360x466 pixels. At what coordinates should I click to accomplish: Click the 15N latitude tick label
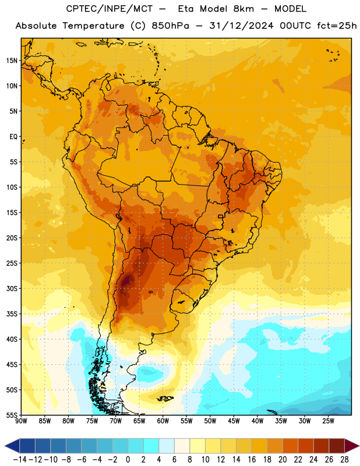[x=12, y=61]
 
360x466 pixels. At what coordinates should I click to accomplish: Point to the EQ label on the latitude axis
[x=13, y=137]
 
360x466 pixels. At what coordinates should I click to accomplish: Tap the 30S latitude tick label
[x=12, y=288]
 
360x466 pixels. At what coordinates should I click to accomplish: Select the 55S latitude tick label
[x=12, y=415]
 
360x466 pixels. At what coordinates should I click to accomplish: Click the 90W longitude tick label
[x=21, y=421]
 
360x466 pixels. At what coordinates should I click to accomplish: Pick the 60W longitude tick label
[x=163, y=421]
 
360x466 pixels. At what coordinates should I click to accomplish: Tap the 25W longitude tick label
[x=328, y=421]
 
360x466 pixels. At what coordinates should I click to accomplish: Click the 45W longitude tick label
[x=234, y=421]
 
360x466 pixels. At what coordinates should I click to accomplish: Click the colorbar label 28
[x=344, y=460]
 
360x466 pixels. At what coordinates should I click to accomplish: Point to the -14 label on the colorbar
[x=20, y=460]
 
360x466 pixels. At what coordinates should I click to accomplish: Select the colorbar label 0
[x=128, y=460]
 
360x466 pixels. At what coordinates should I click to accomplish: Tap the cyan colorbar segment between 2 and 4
[x=151, y=446]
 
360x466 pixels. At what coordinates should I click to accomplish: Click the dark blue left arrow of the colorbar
[x=12, y=446]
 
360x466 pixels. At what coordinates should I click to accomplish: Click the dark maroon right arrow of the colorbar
[x=352, y=446]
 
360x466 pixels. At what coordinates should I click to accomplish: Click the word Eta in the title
[x=186, y=9]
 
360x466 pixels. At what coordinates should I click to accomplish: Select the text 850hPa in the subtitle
[x=170, y=26]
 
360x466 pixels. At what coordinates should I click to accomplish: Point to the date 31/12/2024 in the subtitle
[x=241, y=26]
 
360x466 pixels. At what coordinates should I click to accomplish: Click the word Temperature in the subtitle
[x=93, y=26]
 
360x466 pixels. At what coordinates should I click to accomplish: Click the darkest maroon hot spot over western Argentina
[x=127, y=280]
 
